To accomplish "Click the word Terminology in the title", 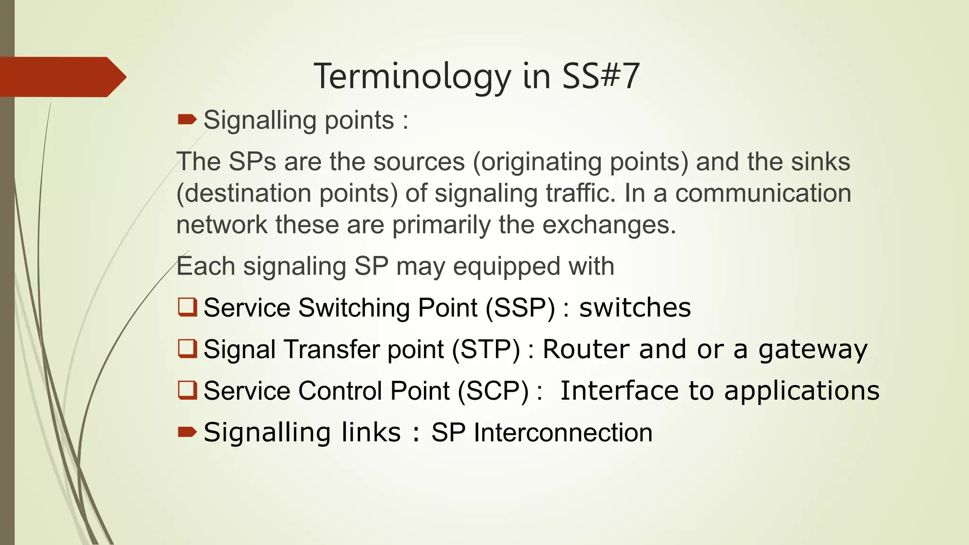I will (412, 77).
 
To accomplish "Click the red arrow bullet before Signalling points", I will (187, 120).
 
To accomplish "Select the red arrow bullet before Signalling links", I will (187, 431).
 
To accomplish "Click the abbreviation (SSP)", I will (520, 308).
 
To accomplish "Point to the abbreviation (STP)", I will (486, 350).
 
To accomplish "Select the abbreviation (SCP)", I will (493, 391).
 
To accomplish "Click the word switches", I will (635, 308).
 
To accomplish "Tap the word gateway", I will (813, 350).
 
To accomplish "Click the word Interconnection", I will (563, 432).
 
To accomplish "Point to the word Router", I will (586, 349).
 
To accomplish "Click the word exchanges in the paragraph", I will (609, 225).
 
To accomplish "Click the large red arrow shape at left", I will (62, 77).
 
